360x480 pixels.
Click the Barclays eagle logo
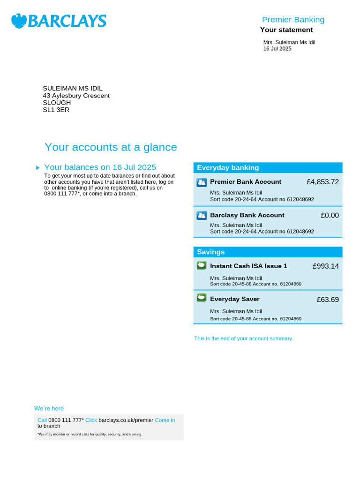point(19,21)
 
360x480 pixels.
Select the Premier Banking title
point(293,20)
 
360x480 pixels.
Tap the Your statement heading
point(286,30)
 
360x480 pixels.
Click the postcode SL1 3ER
point(56,110)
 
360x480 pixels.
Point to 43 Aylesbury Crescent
point(76,96)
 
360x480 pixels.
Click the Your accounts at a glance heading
point(111,147)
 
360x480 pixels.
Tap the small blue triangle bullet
point(38,168)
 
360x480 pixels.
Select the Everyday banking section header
point(228,168)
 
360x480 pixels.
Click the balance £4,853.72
point(322,182)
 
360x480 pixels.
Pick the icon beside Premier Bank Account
point(202,182)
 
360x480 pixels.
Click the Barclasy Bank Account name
point(247,215)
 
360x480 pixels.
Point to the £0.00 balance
point(330,216)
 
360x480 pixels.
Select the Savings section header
point(211,252)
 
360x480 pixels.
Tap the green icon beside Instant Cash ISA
point(202,266)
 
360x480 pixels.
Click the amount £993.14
point(325,266)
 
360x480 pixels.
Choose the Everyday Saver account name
point(234,299)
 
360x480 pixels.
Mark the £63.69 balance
point(327,300)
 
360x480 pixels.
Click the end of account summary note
point(244,338)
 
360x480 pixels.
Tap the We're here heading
point(49,408)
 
